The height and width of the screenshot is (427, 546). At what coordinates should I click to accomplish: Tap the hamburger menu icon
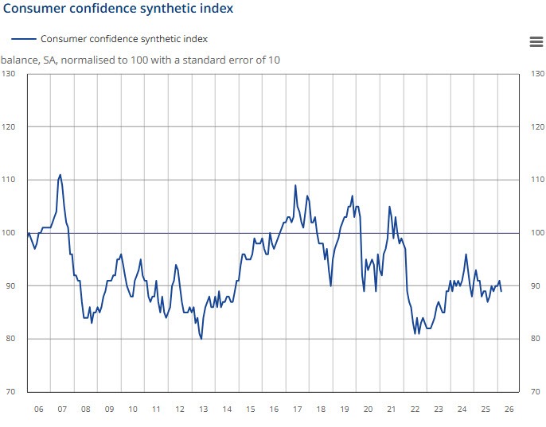coord(535,42)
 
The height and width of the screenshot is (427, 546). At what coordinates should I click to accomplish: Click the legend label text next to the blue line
coord(124,38)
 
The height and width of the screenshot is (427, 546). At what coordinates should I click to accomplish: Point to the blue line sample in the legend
coord(24,38)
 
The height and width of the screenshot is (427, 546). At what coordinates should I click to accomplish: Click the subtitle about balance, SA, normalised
coord(140,60)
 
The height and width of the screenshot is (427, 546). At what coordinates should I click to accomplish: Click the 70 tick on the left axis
coord(11,391)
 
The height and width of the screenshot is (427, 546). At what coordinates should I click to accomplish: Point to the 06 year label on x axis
coord(38,409)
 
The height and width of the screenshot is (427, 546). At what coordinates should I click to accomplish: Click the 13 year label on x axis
coord(203,409)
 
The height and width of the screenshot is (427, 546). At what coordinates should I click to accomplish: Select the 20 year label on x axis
coord(368,409)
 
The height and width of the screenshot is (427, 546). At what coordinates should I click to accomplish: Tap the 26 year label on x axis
coord(509,409)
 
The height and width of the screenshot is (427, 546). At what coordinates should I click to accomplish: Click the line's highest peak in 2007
coord(60,174)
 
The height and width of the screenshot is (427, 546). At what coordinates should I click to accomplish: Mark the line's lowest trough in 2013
coord(201,339)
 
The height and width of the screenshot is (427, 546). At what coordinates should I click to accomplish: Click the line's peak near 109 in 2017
coord(295,185)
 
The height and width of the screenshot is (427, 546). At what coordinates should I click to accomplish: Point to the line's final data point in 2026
coord(501,291)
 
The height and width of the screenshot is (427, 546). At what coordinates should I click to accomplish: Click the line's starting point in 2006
coord(28,233)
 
